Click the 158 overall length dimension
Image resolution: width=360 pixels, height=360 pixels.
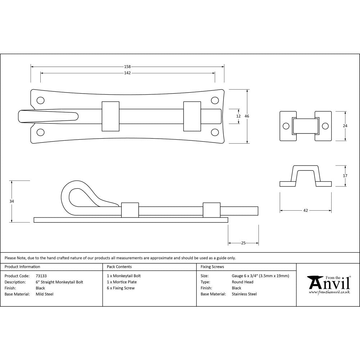[127, 67]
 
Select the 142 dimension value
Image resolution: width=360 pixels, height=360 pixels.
[127, 73]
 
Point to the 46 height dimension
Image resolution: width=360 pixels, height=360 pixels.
[247, 116]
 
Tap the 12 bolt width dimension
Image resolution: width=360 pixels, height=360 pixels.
[238, 116]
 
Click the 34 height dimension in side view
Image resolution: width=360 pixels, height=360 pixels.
[12, 201]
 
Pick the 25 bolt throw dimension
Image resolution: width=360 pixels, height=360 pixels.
[243, 243]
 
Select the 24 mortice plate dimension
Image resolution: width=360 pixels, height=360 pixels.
[345, 126]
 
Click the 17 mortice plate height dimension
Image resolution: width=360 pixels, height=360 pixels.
[345, 176]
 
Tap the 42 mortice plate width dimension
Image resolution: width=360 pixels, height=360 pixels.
[306, 211]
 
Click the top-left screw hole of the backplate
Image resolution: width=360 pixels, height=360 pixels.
[41, 100]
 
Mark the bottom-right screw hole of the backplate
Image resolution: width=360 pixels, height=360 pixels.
[215, 132]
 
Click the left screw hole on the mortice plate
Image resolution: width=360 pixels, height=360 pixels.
[286, 126]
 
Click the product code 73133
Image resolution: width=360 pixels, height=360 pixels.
[41, 276]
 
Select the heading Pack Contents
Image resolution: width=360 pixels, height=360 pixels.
[119, 267]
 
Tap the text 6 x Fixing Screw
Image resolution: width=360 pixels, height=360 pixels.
[121, 288]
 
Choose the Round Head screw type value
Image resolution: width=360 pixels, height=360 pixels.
[243, 282]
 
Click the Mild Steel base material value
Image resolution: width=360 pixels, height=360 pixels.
[45, 294]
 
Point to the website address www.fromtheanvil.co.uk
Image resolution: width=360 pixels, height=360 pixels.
[329, 292]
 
